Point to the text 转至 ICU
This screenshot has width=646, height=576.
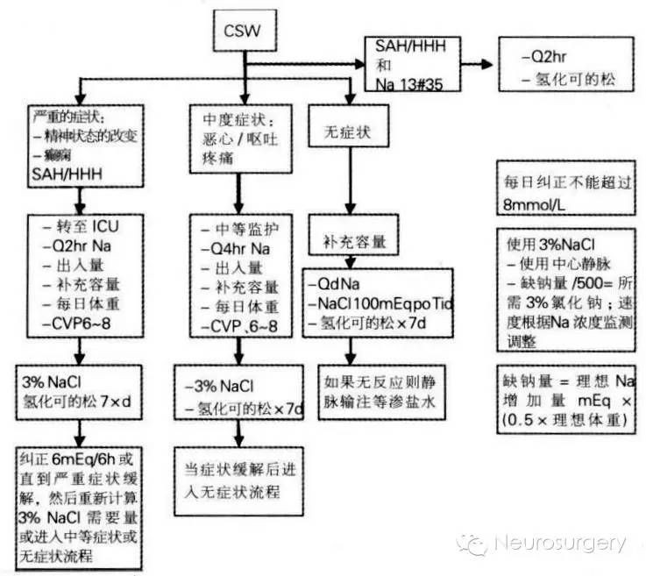pos(85,227)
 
